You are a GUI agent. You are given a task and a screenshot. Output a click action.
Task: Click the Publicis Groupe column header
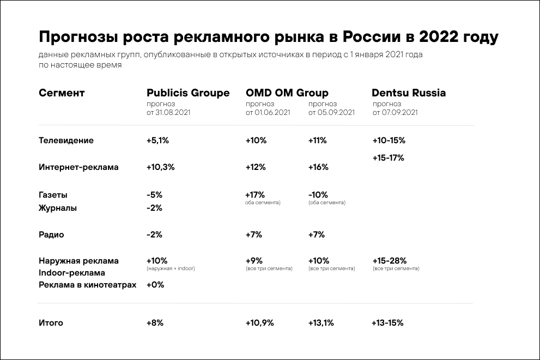[x=188, y=93]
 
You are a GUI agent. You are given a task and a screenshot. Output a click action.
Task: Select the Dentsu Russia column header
[x=409, y=93]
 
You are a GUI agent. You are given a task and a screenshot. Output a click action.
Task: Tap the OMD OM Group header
[x=287, y=93]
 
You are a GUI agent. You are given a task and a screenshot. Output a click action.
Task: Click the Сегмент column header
[x=62, y=93]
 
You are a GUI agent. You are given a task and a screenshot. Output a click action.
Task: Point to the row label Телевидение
[x=66, y=141]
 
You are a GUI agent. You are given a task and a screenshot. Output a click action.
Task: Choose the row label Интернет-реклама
[x=78, y=167]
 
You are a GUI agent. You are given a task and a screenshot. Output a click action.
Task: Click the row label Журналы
[x=58, y=208]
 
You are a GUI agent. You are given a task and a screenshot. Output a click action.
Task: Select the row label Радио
[x=51, y=235]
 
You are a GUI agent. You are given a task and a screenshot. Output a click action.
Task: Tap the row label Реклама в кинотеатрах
[x=87, y=285]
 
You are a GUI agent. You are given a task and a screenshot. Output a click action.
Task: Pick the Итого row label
[x=51, y=323]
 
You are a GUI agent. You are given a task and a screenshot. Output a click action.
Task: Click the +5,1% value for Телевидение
[x=158, y=141]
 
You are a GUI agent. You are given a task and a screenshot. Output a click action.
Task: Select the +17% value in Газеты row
[x=255, y=194]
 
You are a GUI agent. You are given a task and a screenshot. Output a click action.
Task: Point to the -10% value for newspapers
[x=318, y=194]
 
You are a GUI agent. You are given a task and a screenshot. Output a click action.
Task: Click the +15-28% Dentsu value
[x=389, y=261]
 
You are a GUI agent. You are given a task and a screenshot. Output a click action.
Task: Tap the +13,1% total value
[x=320, y=323]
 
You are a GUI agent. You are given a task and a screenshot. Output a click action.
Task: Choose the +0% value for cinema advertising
[x=155, y=285]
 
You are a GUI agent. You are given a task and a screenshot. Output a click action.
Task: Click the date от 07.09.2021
[x=395, y=113]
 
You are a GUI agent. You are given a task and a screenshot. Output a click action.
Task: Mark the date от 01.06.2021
[x=268, y=113]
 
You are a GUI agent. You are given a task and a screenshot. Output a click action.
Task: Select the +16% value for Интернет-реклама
[x=318, y=167]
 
